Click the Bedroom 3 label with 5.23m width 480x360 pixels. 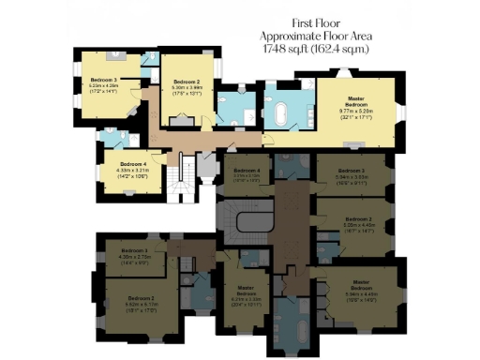(103, 81)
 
